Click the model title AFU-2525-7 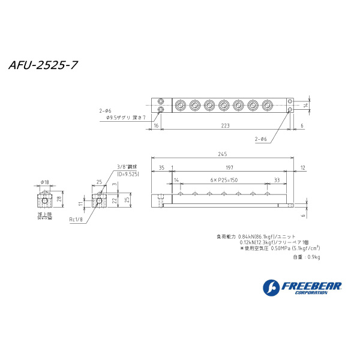click(43, 65)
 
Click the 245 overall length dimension click(224, 155)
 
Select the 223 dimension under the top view click(224, 126)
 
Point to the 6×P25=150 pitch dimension click(223, 179)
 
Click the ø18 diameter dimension click(44, 181)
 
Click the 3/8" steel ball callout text click(127, 167)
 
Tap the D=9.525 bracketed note click(128, 173)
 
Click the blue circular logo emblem click(271, 288)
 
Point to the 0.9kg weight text click(307, 257)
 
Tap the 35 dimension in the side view click(161, 168)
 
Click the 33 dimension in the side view click(276, 179)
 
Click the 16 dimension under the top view click(156, 126)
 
